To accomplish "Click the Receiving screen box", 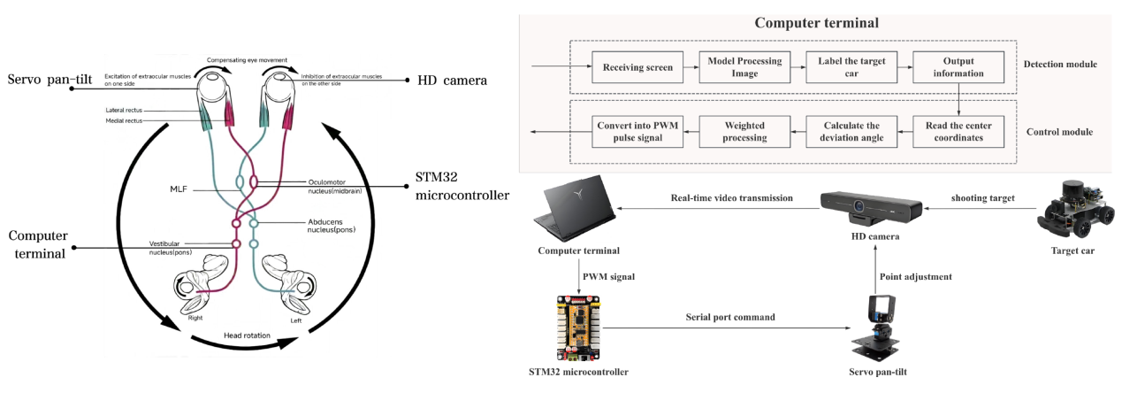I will coord(637,67).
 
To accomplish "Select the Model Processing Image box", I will coord(744,67).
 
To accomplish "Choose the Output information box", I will coord(958,67).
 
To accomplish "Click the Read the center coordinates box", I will coord(958,132).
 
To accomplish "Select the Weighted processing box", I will coord(744,132).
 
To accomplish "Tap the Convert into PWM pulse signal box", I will coord(637,132).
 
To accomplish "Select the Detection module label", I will coord(1060,64).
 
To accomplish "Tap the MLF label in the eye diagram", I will coord(178,189).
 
